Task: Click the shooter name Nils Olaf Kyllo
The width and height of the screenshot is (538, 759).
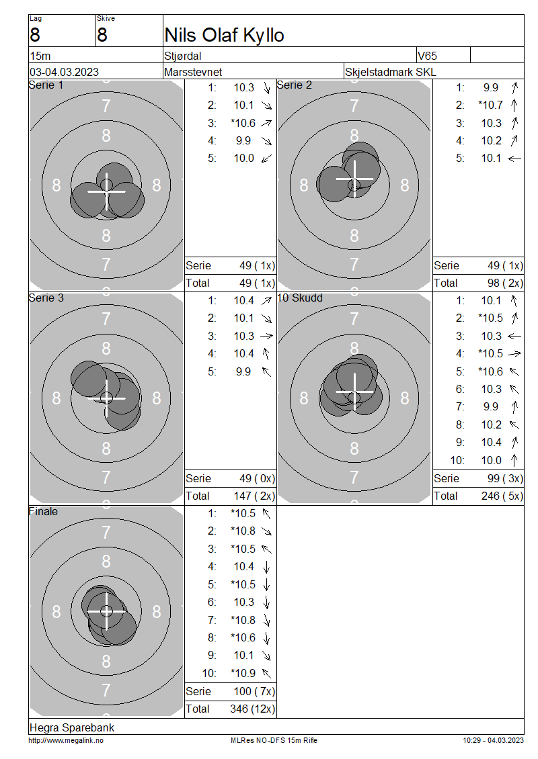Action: tap(224, 36)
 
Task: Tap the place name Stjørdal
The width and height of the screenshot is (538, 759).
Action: tap(183, 56)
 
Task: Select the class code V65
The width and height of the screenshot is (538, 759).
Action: tap(427, 56)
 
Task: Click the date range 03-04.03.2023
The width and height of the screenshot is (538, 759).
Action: tap(64, 72)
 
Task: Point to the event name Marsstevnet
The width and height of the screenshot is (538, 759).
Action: tap(193, 72)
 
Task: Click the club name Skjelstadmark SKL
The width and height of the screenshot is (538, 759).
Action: tap(390, 72)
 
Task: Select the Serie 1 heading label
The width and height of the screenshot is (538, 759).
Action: tap(46, 85)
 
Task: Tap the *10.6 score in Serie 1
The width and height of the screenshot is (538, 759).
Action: tap(243, 123)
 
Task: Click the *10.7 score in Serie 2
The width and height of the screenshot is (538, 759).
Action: tap(490, 105)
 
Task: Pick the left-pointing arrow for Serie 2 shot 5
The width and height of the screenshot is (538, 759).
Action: tap(514, 159)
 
